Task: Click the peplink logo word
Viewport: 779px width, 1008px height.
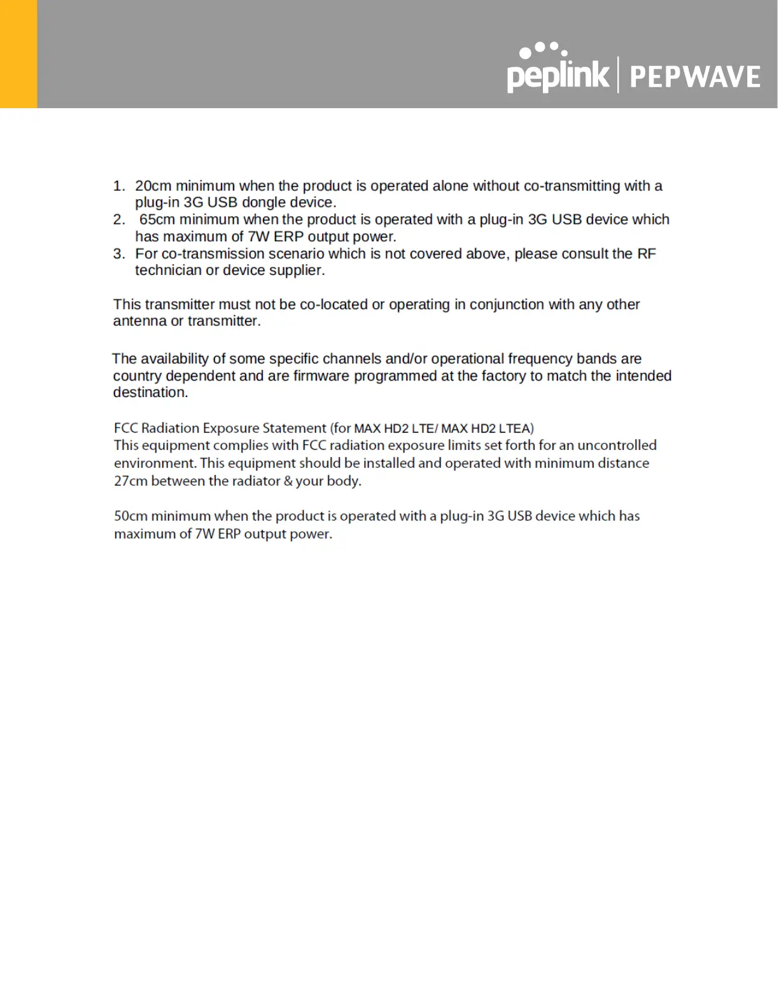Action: [x=558, y=75]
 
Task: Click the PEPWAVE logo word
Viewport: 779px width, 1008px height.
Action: [x=695, y=77]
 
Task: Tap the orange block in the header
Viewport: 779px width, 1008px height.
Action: [x=18, y=54]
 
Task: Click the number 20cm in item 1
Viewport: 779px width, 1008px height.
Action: [x=153, y=186]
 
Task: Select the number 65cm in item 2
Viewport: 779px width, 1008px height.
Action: [x=157, y=220]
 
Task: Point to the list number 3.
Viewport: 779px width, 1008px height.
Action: [x=118, y=254]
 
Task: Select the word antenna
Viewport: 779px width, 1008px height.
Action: [x=139, y=321]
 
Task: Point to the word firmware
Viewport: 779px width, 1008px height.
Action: [x=321, y=376]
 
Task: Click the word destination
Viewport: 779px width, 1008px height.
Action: [x=150, y=393]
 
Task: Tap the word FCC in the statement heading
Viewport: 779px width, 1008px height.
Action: [x=125, y=428]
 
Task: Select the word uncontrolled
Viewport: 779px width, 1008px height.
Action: [x=617, y=445]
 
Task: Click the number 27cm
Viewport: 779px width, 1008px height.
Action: [x=130, y=481]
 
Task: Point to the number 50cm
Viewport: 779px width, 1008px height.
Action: [x=130, y=516]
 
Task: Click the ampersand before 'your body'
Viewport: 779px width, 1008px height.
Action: [x=288, y=481]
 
